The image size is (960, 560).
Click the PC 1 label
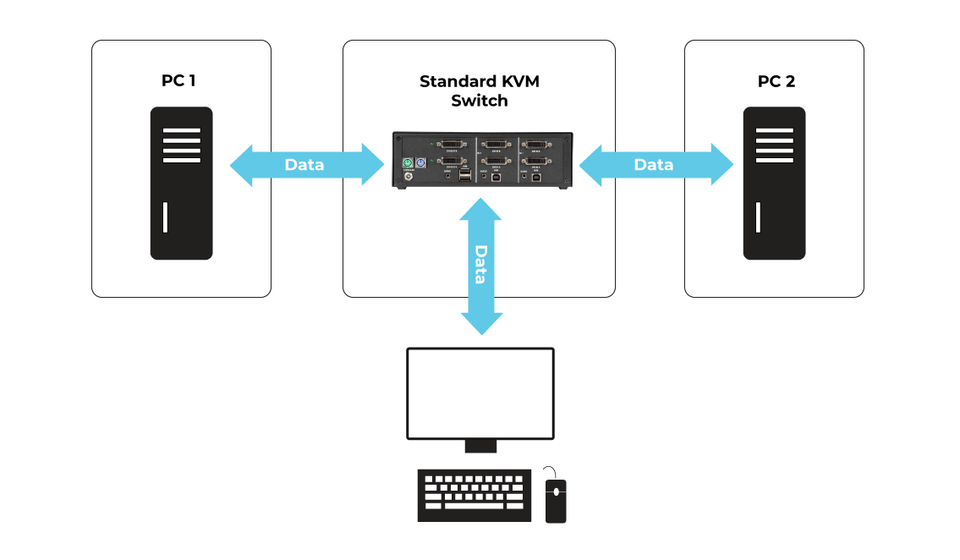click(178, 81)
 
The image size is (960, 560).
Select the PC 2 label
click(776, 82)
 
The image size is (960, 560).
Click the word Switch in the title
click(479, 101)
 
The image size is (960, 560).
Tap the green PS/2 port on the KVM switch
click(407, 162)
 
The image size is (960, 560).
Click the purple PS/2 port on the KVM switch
click(420, 162)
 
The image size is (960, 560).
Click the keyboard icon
click(475, 495)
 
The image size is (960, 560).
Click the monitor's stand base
click(480, 446)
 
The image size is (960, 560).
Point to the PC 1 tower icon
click(181, 183)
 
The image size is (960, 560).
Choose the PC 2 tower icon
click(774, 183)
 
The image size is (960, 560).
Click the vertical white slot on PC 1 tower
click(165, 217)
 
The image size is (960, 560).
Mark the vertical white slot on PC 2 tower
click(758, 217)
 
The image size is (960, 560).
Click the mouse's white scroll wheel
click(556, 491)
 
